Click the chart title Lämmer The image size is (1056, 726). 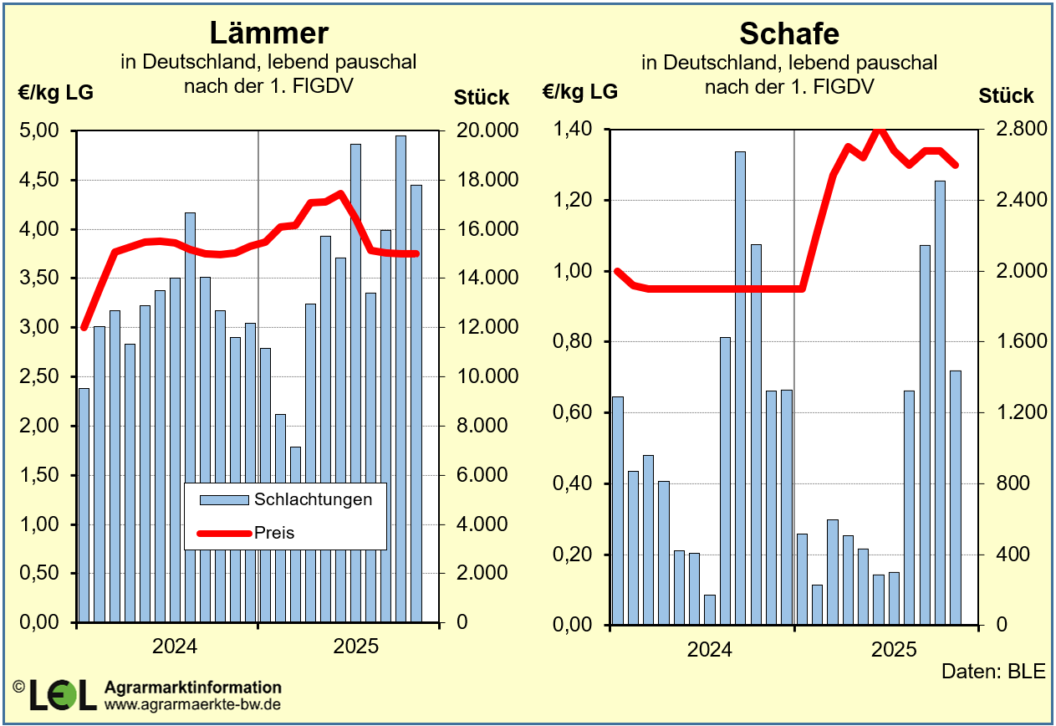click(268, 33)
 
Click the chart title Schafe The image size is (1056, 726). click(789, 33)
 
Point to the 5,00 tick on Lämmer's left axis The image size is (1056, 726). click(40, 131)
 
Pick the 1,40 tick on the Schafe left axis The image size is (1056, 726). click(573, 130)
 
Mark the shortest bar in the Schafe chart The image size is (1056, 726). click(710, 610)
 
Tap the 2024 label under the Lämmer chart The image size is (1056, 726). click(174, 647)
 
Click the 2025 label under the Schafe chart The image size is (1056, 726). click(894, 650)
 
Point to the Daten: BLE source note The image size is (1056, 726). click(993, 672)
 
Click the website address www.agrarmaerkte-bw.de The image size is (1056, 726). click(192, 704)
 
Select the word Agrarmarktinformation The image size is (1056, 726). click(193, 688)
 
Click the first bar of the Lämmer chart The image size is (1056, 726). click(84, 505)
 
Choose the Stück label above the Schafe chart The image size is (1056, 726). click(1006, 96)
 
